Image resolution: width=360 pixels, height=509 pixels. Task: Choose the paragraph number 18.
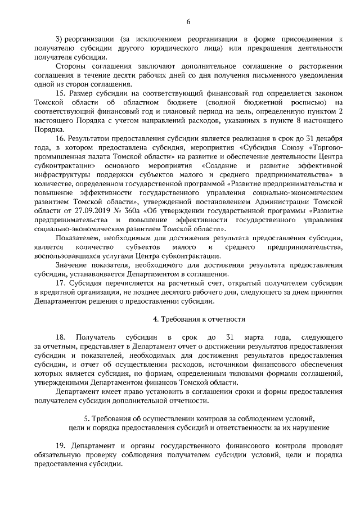[x=61, y=337]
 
